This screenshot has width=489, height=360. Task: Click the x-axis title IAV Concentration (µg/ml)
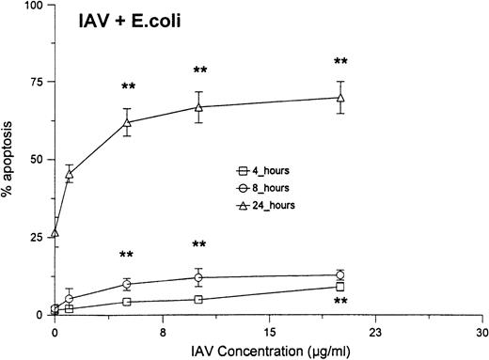coord(268,349)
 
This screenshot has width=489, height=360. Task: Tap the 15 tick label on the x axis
coord(269,330)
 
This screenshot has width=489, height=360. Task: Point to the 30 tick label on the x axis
coord(481,330)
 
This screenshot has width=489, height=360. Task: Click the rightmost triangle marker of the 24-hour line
coord(340,97)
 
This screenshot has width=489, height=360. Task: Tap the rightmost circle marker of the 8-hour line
coord(340,274)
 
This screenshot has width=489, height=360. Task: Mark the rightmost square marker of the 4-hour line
coord(340,287)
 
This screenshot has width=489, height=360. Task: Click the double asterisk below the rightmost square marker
coord(340,303)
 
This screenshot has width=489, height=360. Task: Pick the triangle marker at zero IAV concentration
coord(55,233)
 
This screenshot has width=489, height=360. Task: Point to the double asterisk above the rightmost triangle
coord(340,64)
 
